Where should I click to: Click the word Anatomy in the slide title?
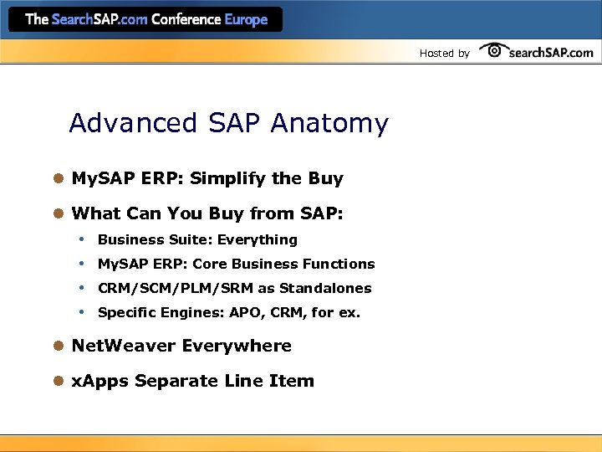329,124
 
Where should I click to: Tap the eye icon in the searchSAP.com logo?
495,50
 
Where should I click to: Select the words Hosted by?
444,54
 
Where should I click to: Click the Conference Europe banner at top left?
146,19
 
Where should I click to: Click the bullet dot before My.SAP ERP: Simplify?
59,178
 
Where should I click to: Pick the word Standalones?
325,288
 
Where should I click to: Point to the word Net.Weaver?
124,346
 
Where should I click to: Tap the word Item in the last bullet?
292,381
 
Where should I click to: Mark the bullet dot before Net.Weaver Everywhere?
59,346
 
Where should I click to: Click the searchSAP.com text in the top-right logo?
553,53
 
